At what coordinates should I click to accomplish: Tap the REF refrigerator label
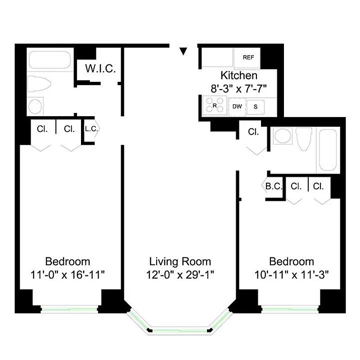point(248,57)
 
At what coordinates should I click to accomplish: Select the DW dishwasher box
point(236,107)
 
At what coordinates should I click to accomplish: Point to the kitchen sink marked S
point(256,107)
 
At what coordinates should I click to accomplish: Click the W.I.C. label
point(101,69)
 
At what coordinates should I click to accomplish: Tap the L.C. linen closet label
point(91,129)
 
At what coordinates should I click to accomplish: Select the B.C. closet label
point(273,185)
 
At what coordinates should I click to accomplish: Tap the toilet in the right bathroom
point(305,139)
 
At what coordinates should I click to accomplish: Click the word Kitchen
point(239,76)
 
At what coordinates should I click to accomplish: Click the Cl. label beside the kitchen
point(254,132)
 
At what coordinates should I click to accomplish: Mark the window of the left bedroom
point(69,308)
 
